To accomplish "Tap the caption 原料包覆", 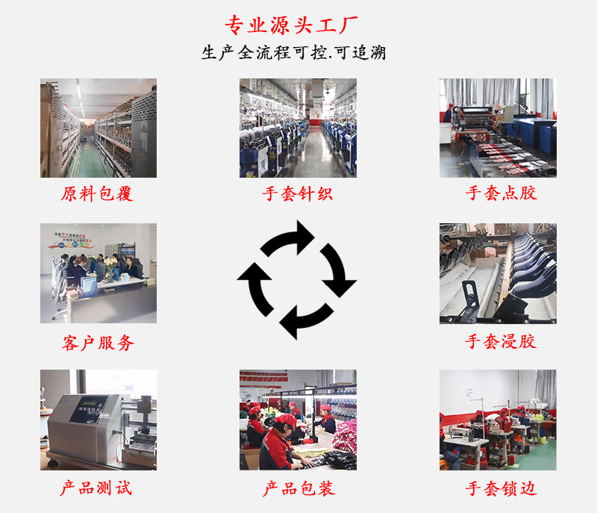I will [x=97, y=194].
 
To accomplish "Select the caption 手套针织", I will [x=297, y=194].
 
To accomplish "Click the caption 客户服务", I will [x=98, y=343].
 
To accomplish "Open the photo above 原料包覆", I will [x=98, y=128].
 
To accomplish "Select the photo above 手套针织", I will [x=298, y=128].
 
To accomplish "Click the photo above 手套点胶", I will [x=498, y=128].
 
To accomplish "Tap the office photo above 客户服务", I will [x=98, y=273].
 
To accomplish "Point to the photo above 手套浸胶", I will [x=498, y=273].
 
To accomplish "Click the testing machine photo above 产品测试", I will [x=98, y=420].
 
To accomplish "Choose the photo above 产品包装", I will [x=298, y=420].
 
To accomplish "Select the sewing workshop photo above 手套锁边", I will [x=498, y=420].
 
